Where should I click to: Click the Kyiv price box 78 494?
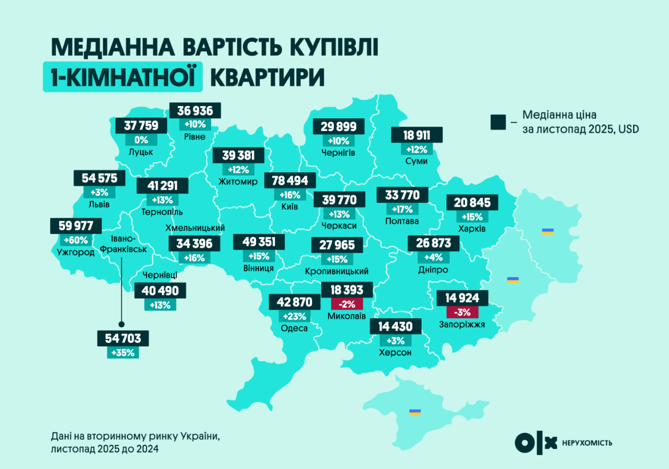[x=290, y=181]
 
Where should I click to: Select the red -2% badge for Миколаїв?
[x=347, y=304]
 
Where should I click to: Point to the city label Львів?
[x=99, y=204]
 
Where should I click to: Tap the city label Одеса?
[x=294, y=328]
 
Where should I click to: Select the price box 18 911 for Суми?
[x=417, y=135]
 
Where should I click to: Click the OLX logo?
[x=535, y=442]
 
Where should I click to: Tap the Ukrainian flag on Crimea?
[x=415, y=412]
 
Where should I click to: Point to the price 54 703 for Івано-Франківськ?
[x=123, y=338]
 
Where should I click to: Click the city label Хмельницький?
[x=196, y=228]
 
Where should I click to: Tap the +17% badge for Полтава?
[x=402, y=209]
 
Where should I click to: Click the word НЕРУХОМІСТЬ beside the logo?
[x=587, y=443]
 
